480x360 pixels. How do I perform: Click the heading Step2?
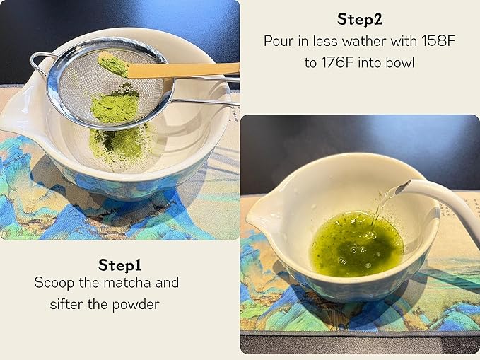360,19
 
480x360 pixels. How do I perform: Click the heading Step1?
120,265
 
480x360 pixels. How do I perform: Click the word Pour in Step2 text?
279,42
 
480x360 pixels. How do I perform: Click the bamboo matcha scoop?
184,69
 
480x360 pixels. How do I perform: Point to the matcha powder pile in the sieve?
115,106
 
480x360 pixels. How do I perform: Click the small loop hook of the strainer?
40,61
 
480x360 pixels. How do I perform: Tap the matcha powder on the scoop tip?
112,64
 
